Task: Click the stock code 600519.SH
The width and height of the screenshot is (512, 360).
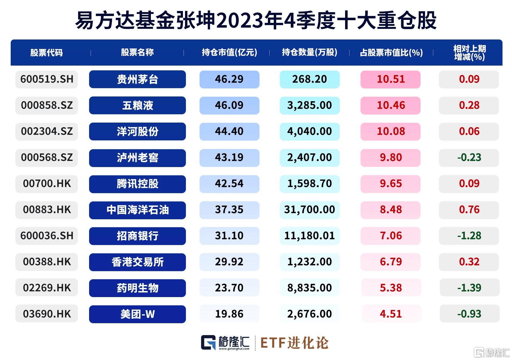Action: (47, 79)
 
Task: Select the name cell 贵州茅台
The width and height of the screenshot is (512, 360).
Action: (137, 79)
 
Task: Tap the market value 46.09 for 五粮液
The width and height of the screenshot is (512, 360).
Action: (229, 105)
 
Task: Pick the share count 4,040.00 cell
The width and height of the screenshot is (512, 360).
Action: (309, 131)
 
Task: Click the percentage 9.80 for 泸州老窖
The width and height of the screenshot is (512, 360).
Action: (391, 158)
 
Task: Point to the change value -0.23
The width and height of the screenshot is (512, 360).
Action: (469, 158)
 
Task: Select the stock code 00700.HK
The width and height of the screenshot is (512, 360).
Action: (47, 184)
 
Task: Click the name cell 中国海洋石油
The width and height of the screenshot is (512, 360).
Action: (137, 210)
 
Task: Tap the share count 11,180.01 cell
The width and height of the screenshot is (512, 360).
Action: (309, 236)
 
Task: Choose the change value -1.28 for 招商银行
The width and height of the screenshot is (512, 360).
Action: (469, 236)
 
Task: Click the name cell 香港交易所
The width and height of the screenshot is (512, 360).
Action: (137, 262)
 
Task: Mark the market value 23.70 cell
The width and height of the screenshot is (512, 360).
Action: (229, 288)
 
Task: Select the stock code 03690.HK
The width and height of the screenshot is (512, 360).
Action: (47, 314)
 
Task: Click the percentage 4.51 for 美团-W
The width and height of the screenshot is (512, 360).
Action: (391, 314)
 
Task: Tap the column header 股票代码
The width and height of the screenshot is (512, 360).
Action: (47, 53)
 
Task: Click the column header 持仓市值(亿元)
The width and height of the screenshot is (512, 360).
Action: (229, 53)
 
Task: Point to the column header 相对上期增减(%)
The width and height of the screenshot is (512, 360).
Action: (469, 53)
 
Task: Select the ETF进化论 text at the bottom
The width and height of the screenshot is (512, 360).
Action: (294, 343)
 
